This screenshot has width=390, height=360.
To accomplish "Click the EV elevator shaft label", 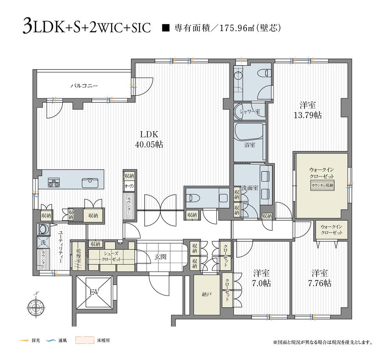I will click(x=94, y=292).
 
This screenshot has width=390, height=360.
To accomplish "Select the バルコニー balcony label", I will click(x=84, y=86).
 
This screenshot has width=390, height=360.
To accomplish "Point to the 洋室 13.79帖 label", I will click(x=308, y=110).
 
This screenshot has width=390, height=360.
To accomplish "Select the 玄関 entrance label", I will click(x=160, y=257).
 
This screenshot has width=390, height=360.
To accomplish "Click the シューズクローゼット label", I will click(x=111, y=257).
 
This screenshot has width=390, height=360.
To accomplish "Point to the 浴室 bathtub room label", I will click(x=250, y=145).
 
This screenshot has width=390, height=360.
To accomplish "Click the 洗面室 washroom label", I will click(x=250, y=187).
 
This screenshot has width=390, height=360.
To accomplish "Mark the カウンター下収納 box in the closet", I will click(x=322, y=186).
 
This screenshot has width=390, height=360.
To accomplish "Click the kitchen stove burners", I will click(x=54, y=182).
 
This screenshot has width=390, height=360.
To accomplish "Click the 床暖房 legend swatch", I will click(x=85, y=340).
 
